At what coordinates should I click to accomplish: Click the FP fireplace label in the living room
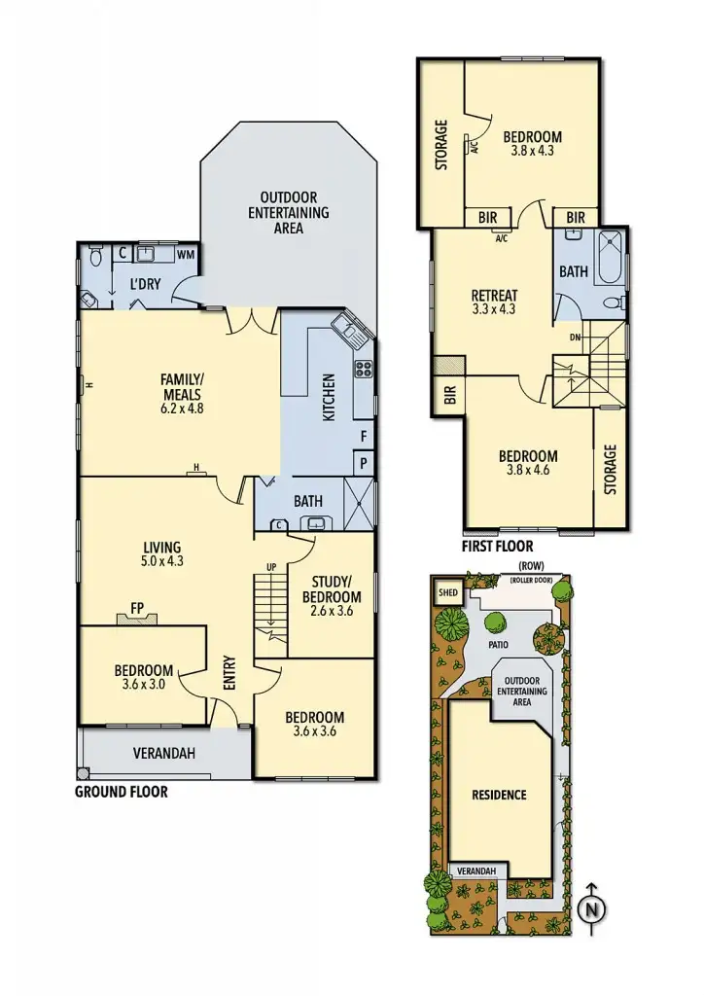pos(137,609)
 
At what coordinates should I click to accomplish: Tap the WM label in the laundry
pos(185,254)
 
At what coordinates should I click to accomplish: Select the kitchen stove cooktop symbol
pos(364,369)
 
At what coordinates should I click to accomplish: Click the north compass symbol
pos(589,909)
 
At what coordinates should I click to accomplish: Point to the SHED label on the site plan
pos(448,591)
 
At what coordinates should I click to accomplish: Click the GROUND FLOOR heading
pos(122,792)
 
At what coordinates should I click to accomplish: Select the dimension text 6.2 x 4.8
pos(181,409)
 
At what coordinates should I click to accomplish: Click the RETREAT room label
pos(494,296)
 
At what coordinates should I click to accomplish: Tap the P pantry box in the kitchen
pos(363,464)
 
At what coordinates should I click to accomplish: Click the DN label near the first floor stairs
pos(576,337)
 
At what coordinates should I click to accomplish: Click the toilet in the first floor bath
pos(614,303)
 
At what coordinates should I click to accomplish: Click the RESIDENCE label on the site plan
pos(500,795)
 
